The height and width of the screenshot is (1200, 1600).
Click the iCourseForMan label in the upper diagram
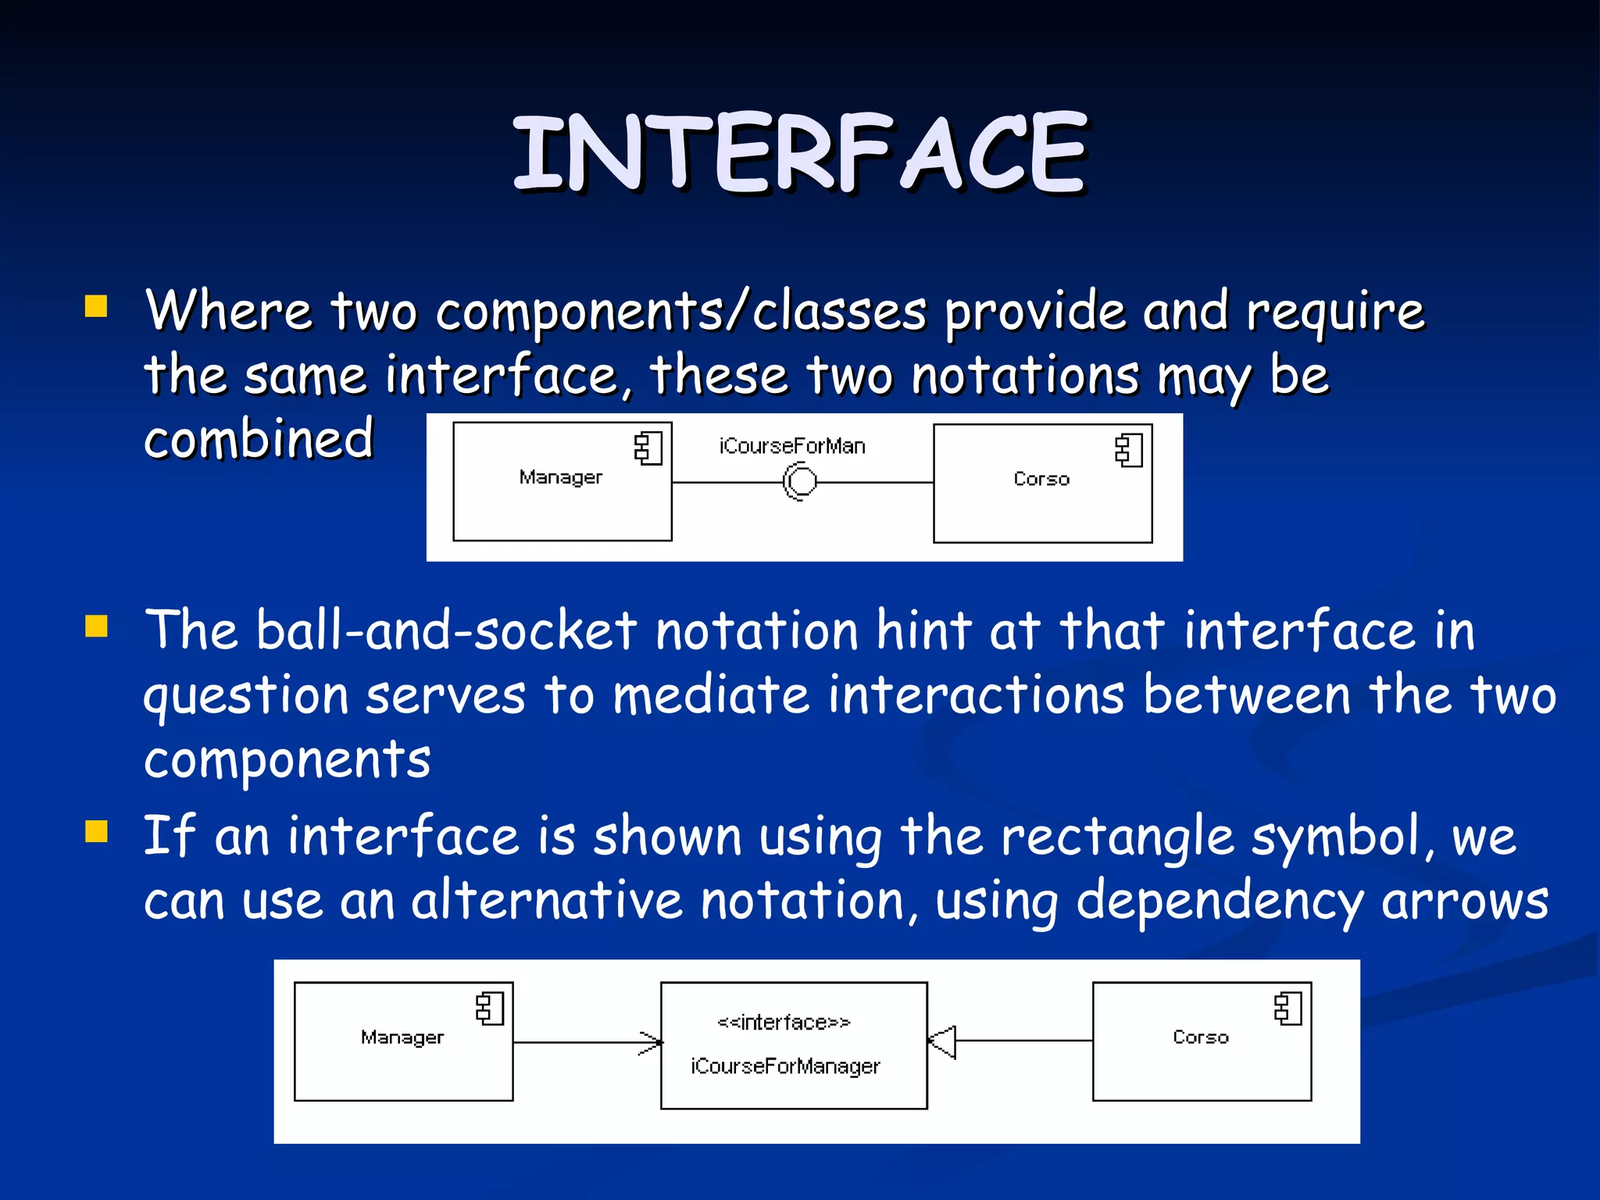coord(792,446)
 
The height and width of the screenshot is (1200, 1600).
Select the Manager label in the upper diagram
coord(561,477)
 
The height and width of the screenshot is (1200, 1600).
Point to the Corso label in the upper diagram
coord(1041,479)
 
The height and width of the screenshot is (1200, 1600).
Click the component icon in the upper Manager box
coord(648,448)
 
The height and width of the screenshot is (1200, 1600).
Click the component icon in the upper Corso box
coord(1129,451)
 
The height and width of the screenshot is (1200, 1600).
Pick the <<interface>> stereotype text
coord(784,1022)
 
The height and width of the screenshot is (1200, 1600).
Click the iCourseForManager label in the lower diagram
coord(785,1066)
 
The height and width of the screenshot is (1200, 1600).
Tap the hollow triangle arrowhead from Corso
coord(943,1041)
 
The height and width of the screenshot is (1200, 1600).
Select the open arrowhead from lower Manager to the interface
coord(651,1042)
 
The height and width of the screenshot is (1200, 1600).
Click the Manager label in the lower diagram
coord(402,1037)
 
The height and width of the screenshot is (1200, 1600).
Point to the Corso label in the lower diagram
coord(1201,1037)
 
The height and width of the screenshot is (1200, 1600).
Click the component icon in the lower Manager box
coord(490,1009)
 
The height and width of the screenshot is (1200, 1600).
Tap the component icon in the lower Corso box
coord(1288,1009)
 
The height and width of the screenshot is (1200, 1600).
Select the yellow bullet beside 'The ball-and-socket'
coord(96,627)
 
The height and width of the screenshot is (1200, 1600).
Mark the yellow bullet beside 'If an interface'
coord(96,831)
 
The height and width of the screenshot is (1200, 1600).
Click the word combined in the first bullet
coord(259,438)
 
